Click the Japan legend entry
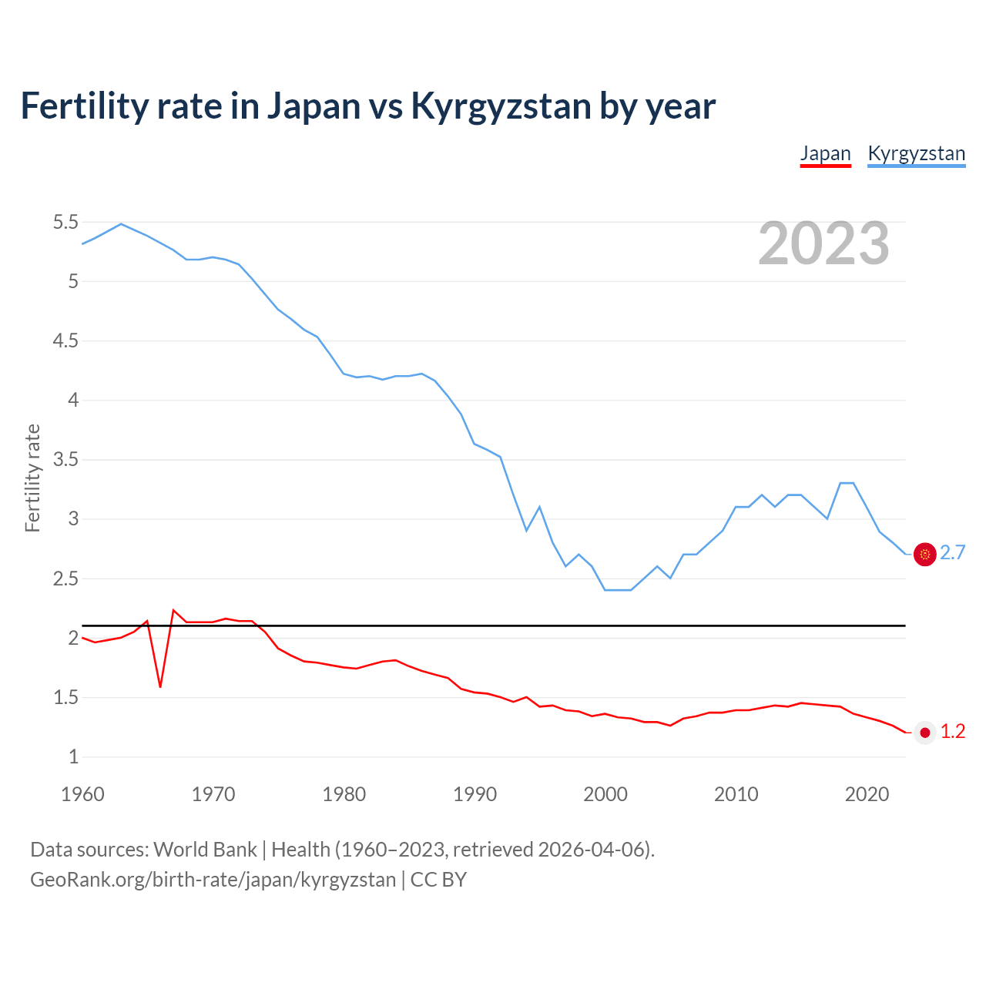[825, 153]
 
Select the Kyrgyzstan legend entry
[916, 153]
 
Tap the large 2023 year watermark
[823, 243]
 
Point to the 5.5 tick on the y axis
[65, 223]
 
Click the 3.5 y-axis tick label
[65, 460]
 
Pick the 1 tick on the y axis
[73, 757]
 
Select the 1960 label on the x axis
[82, 794]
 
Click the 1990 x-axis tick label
[475, 794]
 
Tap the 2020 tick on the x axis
[867, 794]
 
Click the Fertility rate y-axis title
[32, 478]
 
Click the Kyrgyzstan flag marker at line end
[924, 554]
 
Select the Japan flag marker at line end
[924, 733]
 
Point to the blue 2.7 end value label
[952, 553]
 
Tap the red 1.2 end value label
[952, 732]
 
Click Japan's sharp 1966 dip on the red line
[160, 686]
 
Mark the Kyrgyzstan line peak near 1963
[121, 224]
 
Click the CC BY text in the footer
[438, 880]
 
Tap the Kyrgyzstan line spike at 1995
[539, 507]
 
